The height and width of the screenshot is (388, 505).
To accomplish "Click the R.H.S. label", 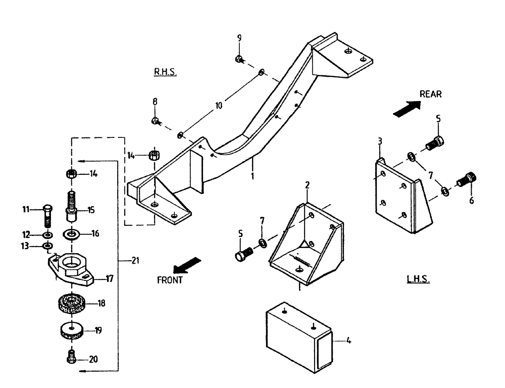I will [x=165, y=72].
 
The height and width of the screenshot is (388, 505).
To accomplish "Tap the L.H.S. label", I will [x=418, y=279].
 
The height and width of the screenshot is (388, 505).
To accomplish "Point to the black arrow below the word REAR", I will [x=407, y=107].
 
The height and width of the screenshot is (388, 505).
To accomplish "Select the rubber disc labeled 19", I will [x=71, y=331].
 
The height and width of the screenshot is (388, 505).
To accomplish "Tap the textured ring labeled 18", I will [x=71, y=303].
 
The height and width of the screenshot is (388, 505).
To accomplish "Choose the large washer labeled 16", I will [x=71, y=234].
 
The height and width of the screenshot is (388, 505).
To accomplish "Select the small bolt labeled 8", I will [x=156, y=121].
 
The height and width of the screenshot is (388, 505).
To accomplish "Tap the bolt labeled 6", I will [x=468, y=179].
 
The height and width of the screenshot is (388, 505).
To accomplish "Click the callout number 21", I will [x=135, y=260].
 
